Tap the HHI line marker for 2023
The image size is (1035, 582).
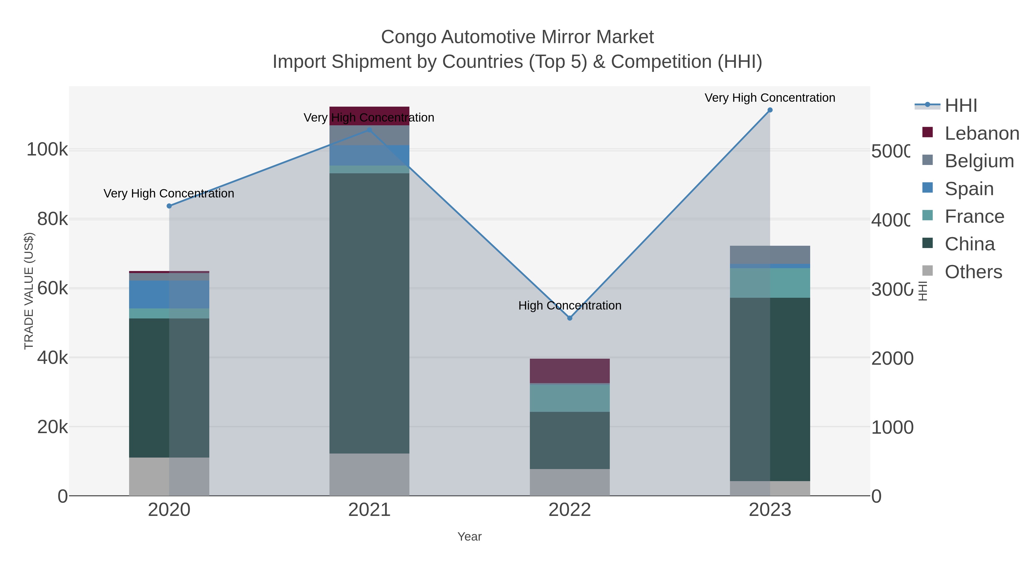pyautogui.click(x=770, y=110)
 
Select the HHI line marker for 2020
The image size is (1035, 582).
pyautogui.click(x=169, y=206)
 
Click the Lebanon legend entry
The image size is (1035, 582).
pyautogui.click(x=982, y=133)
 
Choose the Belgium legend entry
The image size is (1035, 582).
pyautogui.click(x=979, y=161)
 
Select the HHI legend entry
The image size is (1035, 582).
pyautogui.click(x=960, y=106)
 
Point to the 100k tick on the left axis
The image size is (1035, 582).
pyautogui.click(x=47, y=150)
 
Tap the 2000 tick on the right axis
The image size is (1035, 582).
pyautogui.click(x=892, y=358)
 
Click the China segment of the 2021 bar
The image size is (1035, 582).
pyautogui.click(x=369, y=313)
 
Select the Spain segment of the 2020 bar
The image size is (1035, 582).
pyautogui.click(x=169, y=294)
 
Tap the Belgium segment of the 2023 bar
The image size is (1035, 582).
pyautogui.click(x=770, y=255)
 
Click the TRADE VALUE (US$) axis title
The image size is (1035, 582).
pyautogui.click(x=29, y=291)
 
